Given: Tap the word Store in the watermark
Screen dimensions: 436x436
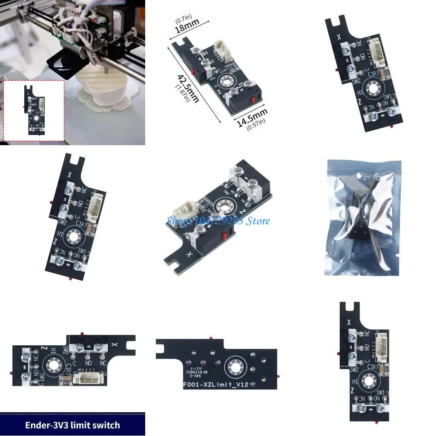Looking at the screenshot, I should pyautogui.click(x=258, y=221).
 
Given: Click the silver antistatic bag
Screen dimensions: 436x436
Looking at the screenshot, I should pyautogui.click(x=364, y=217).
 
